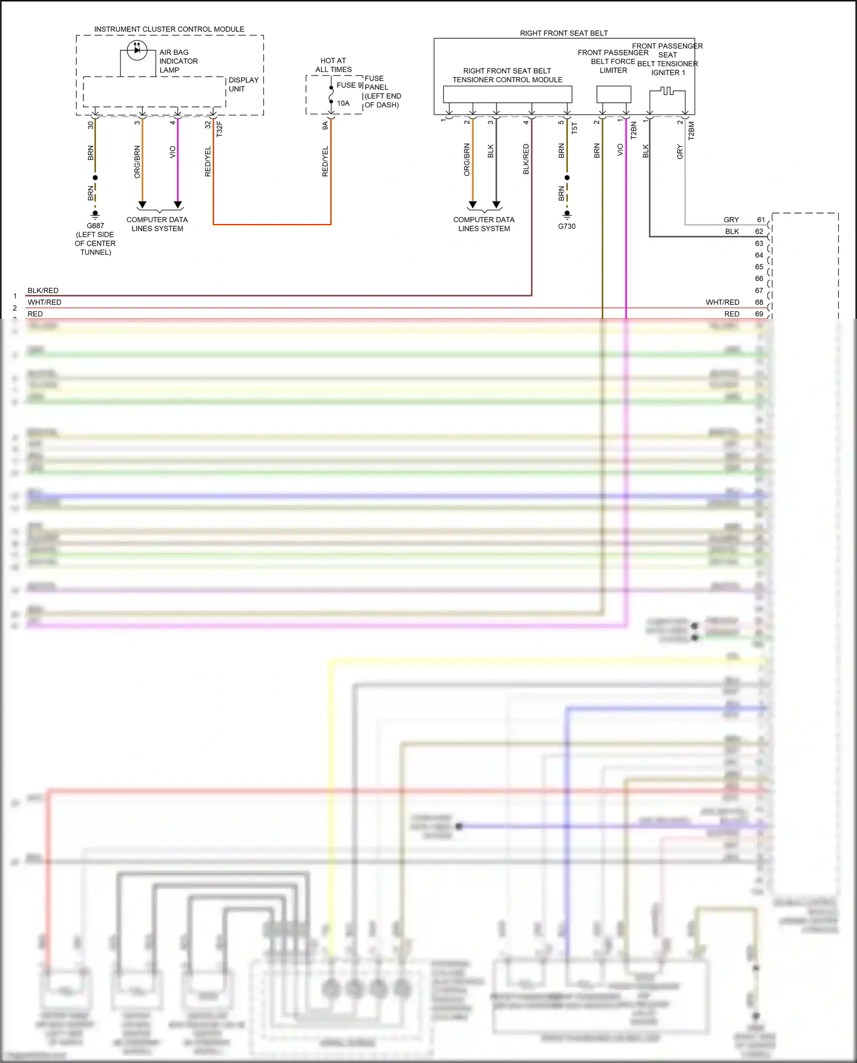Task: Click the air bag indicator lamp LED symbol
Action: pos(137,50)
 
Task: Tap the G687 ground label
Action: pos(95,226)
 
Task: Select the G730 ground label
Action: pos(567,226)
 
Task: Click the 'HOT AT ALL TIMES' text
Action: pos(333,65)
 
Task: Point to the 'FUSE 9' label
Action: pos(349,85)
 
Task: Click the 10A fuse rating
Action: pos(343,103)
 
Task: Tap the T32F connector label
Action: pos(219,129)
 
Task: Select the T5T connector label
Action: pos(575,128)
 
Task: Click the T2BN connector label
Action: pos(634,130)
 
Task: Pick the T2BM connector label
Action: pos(691,131)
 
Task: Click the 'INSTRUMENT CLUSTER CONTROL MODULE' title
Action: pos(169,29)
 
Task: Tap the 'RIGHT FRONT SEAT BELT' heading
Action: pos(563,33)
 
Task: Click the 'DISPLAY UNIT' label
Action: pos(243,85)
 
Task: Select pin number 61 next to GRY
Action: pos(760,219)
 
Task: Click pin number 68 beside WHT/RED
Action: pos(759,302)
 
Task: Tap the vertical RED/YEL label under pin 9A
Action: pos(325,161)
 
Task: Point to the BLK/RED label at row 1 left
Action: pos(43,290)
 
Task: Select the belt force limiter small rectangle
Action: pos(614,94)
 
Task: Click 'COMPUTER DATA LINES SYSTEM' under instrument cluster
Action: pos(157,224)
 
